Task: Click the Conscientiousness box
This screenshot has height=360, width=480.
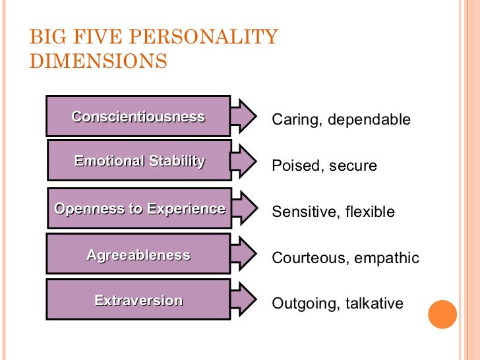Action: coord(138,116)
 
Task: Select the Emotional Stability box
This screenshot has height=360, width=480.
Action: coord(139,160)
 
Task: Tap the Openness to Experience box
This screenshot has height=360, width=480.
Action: coord(139,209)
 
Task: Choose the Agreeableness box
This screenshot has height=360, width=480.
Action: coord(138,255)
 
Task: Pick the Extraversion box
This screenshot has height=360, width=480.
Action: coord(138,301)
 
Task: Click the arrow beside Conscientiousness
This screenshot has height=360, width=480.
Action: coord(245,117)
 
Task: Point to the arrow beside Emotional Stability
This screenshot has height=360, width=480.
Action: coord(245,161)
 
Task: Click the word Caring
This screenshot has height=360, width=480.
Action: coord(295,120)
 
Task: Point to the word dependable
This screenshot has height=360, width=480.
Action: coord(369,120)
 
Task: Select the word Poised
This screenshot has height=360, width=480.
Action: coord(295,166)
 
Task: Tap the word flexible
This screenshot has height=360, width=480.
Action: coord(370,212)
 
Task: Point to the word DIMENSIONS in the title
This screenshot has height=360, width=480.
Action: coord(98,61)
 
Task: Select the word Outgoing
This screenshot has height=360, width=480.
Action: coord(304,304)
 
